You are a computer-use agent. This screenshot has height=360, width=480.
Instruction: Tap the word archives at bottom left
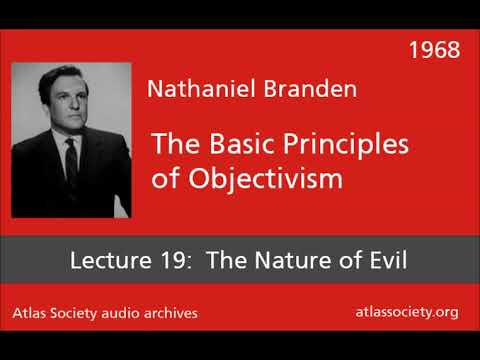coord(171,314)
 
